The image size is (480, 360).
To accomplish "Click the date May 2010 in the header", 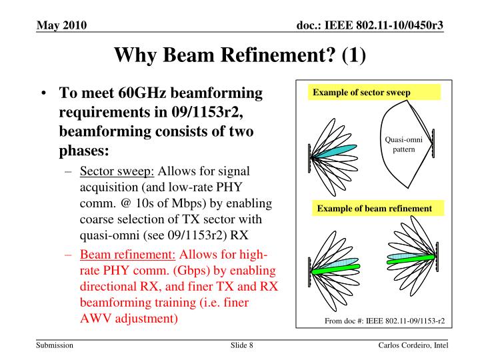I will click(x=61, y=25).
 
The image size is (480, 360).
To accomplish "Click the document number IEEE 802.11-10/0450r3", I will click(x=370, y=25).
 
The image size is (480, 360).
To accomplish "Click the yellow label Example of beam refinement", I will click(x=374, y=209).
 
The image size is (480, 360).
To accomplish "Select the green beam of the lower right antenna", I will click(x=410, y=257).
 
